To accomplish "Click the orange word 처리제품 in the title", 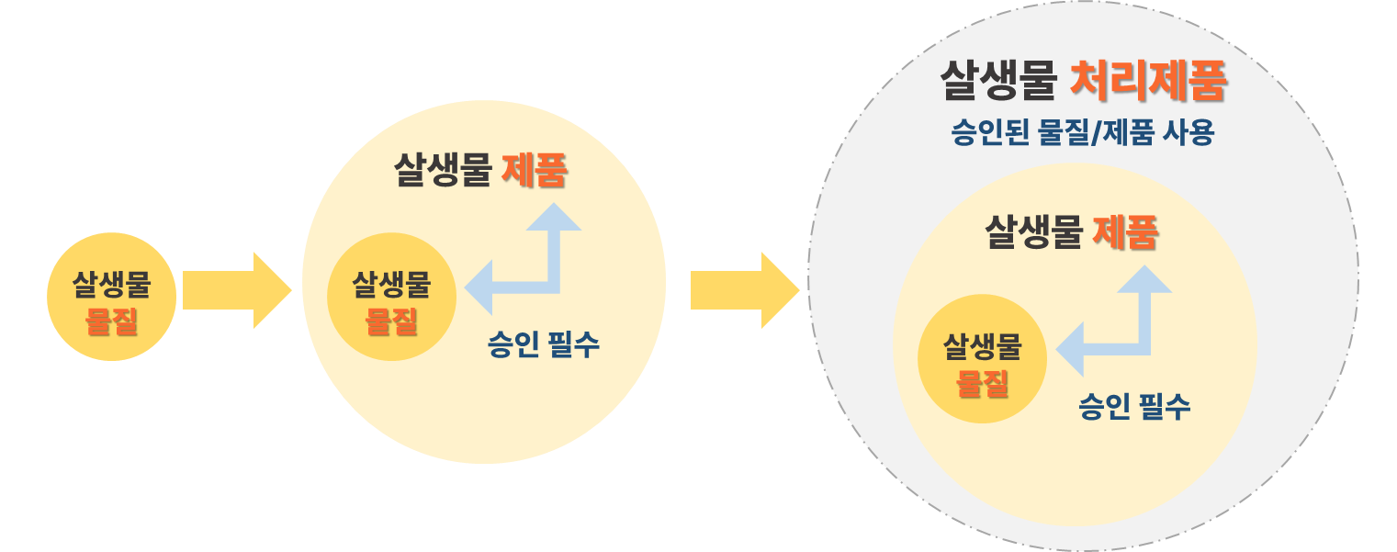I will pyautogui.click(x=1149, y=82).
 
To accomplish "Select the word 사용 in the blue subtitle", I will pyautogui.click(x=1187, y=134).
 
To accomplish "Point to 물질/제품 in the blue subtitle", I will pyautogui.click(x=1093, y=134).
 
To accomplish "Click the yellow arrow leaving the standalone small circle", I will pyautogui.click(x=236, y=290).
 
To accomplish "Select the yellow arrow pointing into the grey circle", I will pyautogui.click(x=744, y=290).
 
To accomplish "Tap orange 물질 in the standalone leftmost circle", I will pyautogui.click(x=111, y=321).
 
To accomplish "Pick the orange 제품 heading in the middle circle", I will pyautogui.click(x=534, y=171).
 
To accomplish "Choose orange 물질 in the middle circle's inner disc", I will pyautogui.click(x=392, y=321).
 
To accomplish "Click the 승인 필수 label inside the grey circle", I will pyautogui.click(x=1134, y=406).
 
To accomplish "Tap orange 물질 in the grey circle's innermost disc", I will pyautogui.click(x=983, y=383).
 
